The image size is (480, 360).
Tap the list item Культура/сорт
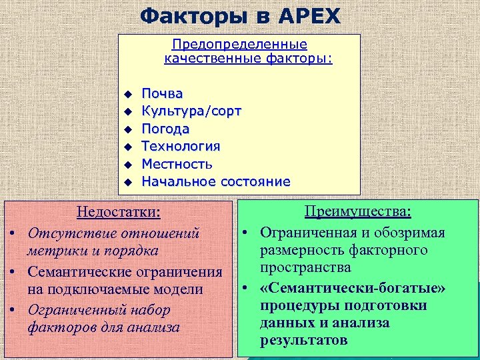pyautogui.click(x=191, y=111)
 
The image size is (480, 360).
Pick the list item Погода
pyautogui.click(x=165, y=129)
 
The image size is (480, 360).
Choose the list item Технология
pyautogui.click(x=181, y=146)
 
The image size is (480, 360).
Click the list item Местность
pyautogui.click(x=177, y=164)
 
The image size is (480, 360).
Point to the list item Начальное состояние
pyautogui.click(x=215, y=181)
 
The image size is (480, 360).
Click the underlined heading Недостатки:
pyautogui.click(x=119, y=213)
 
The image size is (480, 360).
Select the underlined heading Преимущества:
pyautogui.click(x=357, y=211)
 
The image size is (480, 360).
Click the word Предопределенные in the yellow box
pyautogui.click(x=239, y=45)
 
